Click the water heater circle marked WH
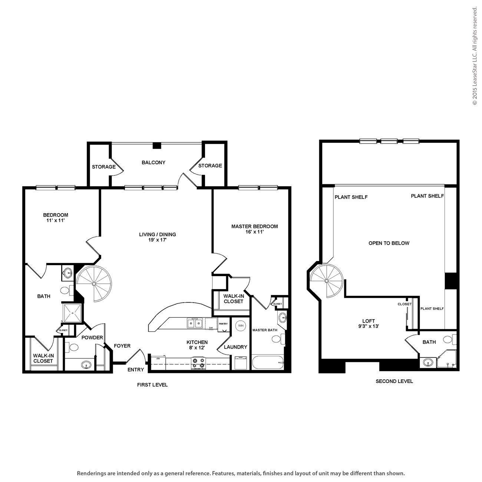pyautogui.click(x=241, y=326)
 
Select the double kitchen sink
pyautogui.click(x=195, y=323)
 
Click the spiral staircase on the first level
pyautogui.click(x=94, y=284)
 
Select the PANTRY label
pyautogui.click(x=223, y=324)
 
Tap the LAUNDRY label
pyautogui.click(x=235, y=347)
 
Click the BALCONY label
pyautogui.click(x=153, y=162)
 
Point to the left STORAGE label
pyautogui.click(x=104, y=167)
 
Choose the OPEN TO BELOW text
pyautogui.click(x=389, y=243)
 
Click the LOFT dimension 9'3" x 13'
pyautogui.click(x=368, y=327)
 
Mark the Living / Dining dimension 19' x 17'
pyautogui.click(x=157, y=240)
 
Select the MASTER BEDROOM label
pyautogui.click(x=254, y=226)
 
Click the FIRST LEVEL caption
pyautogui.click(x=152, y=385)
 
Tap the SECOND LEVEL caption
pyautogui.click(x=394, y=381)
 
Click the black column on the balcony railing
pyautogui.click(x=157, y=146)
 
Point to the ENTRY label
pyautogui.click(x=135, y=370)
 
